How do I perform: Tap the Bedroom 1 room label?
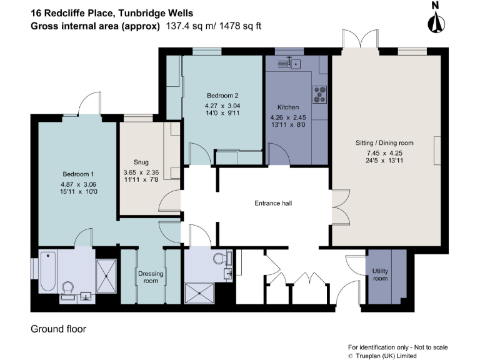click(x=78, y=174)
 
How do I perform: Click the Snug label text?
click(x=141, y=161)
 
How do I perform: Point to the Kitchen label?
click(x=288, y=107)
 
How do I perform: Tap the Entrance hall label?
click(x=273, y=204)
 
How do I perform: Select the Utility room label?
click(x=380, y=274)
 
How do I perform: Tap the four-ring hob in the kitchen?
click(x=320, y=94)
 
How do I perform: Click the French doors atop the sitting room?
click(x=361, y=39)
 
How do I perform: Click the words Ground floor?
click(x=59, y=329)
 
